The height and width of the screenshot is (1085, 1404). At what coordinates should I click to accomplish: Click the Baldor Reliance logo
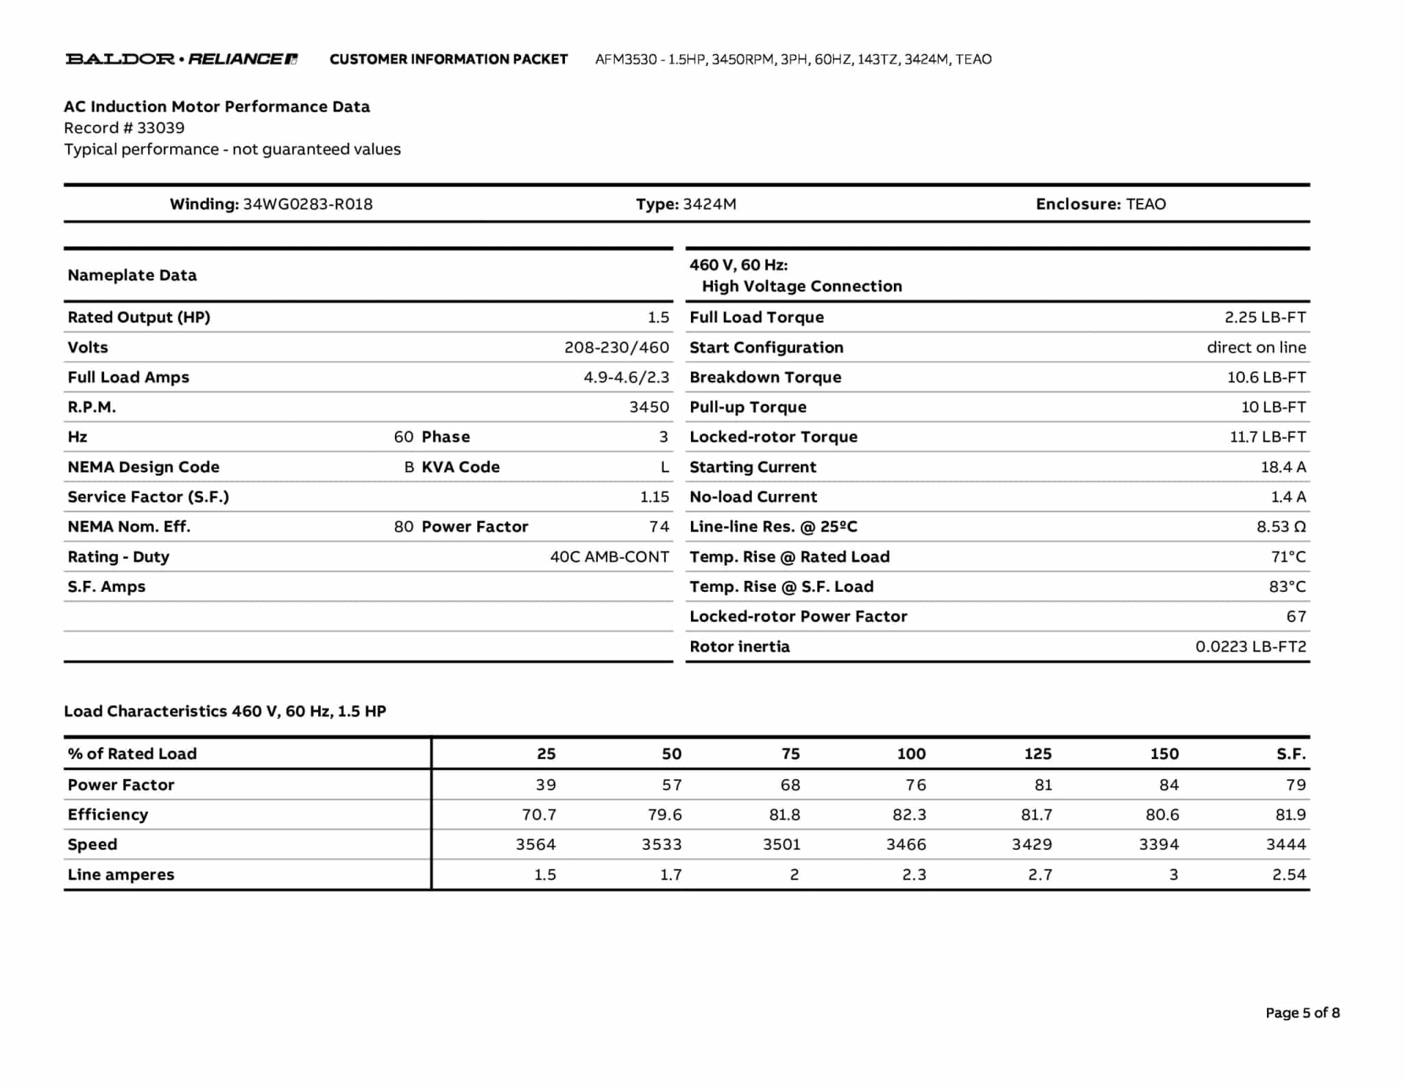click(x=181, y=59)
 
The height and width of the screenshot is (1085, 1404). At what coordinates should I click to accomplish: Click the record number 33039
click(x=160, y=128)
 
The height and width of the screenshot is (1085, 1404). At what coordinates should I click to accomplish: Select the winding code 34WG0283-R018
click(x=308, y=204)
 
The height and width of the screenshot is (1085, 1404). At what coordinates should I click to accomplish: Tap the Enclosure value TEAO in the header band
click(x=1146, y=204)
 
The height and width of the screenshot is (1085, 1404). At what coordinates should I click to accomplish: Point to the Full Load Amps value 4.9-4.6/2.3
click(x=626, y=377)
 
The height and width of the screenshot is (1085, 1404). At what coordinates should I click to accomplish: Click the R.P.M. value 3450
click(x=649, y=407)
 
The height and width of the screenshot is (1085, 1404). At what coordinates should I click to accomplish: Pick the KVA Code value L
click(x=664, y=467)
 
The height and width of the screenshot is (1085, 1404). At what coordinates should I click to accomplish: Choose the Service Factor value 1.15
click(x=654, y=497)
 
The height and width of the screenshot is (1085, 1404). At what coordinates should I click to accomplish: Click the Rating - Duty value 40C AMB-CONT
click(x=609, y=556)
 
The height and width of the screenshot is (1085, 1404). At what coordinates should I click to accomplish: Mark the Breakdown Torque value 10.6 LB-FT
click(x=1266, y=377)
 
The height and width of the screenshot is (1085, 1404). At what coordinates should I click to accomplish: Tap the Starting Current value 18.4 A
click(x=1283, y=467)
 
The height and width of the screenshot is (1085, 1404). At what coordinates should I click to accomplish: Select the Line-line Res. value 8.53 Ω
click(x=1281, y=527)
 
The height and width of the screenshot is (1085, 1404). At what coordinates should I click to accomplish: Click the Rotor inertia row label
click(x=739, y=646)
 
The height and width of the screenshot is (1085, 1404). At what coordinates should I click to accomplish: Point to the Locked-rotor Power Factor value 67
click(x=1296, y=616)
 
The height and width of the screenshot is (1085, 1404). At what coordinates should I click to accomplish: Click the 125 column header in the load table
click(x=1037, y=754)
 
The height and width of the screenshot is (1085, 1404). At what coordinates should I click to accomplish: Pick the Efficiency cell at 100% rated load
click(x=909, y=814)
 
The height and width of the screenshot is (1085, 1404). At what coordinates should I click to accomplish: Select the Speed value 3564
click(x=535, y=844)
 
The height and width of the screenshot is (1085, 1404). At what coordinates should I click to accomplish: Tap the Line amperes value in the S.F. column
click(x=1289, y=874)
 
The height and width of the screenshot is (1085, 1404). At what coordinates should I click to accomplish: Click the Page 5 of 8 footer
click(x=1302, y=1012)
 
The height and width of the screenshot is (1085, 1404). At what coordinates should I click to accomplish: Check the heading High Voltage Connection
click(x=801, y=286)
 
